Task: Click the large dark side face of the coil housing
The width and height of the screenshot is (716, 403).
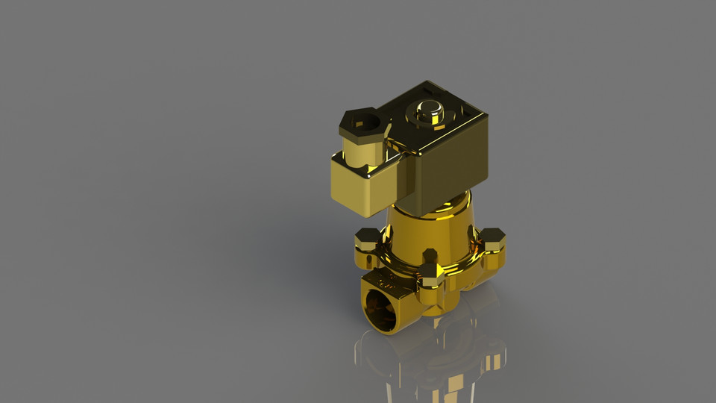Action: click(x=451, y=168)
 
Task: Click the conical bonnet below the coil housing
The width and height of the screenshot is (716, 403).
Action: click(x=429, y=228)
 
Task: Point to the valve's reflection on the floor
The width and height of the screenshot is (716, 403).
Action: click(x=433, y=358)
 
